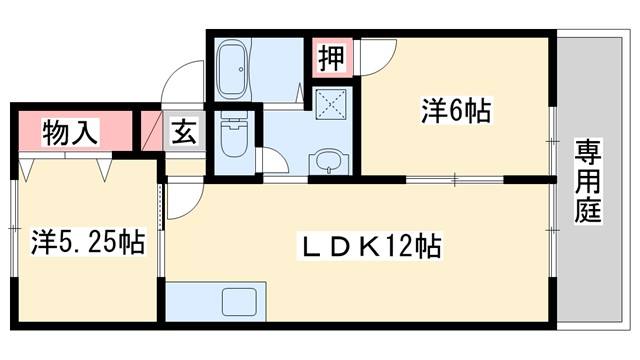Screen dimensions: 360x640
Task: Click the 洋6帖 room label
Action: [x=456, y=112]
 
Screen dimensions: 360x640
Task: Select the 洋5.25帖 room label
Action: [x=86, y=241]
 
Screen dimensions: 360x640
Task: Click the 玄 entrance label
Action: [x=186, y=131]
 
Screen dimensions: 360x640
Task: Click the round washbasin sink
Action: [x=326, y=160]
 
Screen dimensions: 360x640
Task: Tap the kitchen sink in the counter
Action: [x=241, y=301]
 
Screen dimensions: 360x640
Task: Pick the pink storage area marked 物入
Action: [x=69, y=131]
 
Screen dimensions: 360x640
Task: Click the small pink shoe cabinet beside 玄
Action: [x=153, y=131]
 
